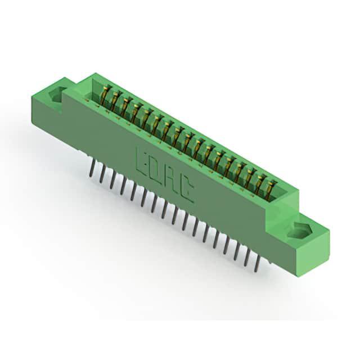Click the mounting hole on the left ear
pos(56,94)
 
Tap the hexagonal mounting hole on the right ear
pos(299,230)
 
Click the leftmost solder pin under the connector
pos(93,168)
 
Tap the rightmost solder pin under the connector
pos(256,264)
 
